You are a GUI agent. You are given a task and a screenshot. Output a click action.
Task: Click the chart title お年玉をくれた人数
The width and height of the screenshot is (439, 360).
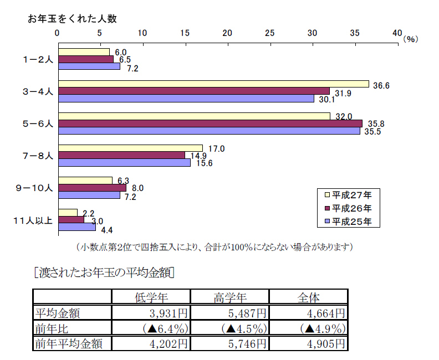[x=72, y=19]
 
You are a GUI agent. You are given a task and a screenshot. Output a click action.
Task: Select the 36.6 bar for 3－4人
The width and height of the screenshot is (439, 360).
[x=213, y=84]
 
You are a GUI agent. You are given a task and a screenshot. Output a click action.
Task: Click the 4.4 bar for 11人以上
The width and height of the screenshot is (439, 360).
[x=76, y=227]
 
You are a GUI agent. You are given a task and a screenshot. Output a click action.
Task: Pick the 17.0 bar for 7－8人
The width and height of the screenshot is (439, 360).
[x=130, y=148]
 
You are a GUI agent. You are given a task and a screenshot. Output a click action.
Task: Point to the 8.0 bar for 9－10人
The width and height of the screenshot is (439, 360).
[x=91, y=188]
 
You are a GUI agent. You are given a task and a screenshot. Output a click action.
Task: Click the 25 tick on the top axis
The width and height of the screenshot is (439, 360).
[x=270, y=33]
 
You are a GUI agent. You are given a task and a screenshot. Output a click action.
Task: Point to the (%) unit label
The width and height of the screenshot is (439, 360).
[x=411, y=39]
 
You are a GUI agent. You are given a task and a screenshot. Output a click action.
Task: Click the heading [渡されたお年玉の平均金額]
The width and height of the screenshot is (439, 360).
[x=105, y=272]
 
